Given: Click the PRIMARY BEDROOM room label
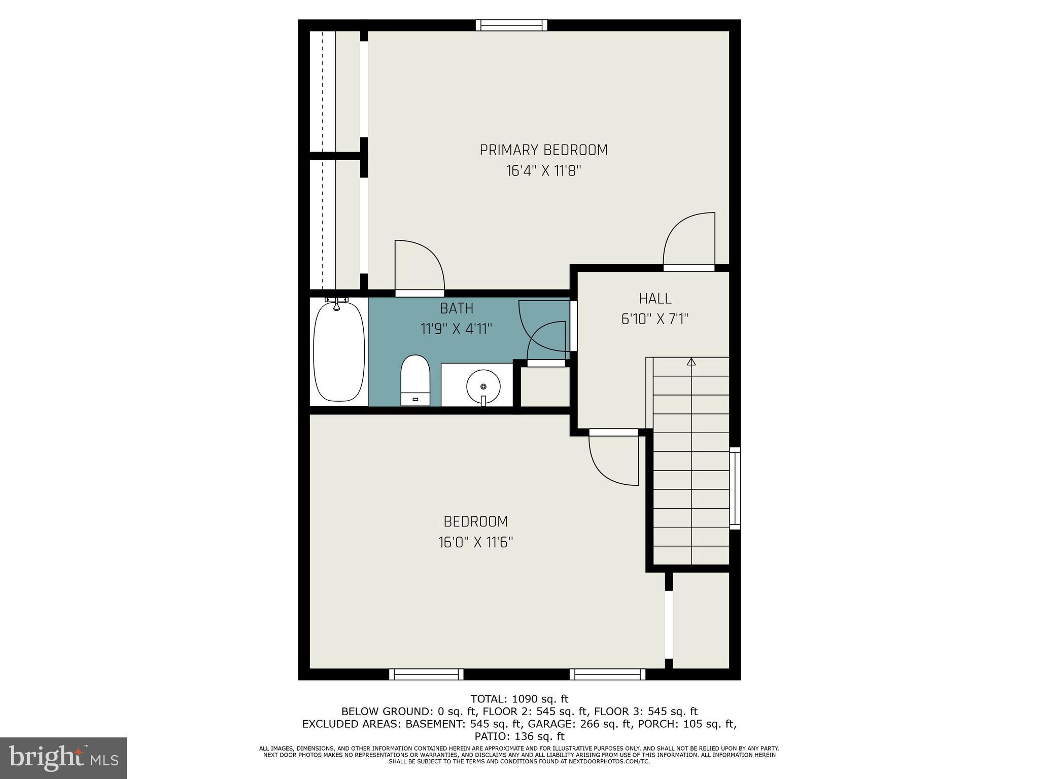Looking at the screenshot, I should point(543,150).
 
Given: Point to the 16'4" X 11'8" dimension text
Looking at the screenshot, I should point(543,171).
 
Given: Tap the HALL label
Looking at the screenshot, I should point(655,299).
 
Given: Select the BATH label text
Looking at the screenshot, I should point(457,308).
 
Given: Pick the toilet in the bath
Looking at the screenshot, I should point(415,379).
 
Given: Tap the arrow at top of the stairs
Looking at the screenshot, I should point(691,362).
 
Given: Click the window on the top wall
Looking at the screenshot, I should point(511,25).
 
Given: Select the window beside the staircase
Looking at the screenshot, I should point(735,488).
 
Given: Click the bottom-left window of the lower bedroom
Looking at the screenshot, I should point(426,674).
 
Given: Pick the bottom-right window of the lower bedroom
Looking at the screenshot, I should point(607,674).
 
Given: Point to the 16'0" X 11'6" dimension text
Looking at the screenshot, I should point(476,543).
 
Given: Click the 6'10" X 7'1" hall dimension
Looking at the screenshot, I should point(655,320).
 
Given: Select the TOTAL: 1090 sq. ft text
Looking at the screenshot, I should point(519,699).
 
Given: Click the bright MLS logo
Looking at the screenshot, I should point(63,758).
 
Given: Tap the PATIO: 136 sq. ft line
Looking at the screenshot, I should point(519,736).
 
